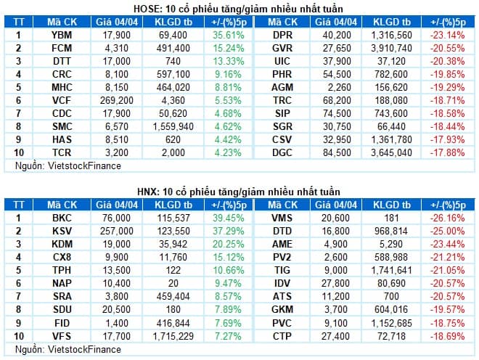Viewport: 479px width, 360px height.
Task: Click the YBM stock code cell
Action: (62, 34)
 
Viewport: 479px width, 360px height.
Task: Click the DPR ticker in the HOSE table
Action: (282, 34)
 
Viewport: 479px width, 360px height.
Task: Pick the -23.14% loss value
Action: (447, 34)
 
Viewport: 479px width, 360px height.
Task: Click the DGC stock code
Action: (282, 152)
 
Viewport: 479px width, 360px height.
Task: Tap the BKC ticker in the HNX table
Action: (62, 217)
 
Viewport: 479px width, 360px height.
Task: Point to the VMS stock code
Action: (282, 217)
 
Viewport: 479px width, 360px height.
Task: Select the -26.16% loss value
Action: (447, 217)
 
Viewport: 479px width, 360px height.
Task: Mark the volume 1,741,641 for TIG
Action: (391, 269)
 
